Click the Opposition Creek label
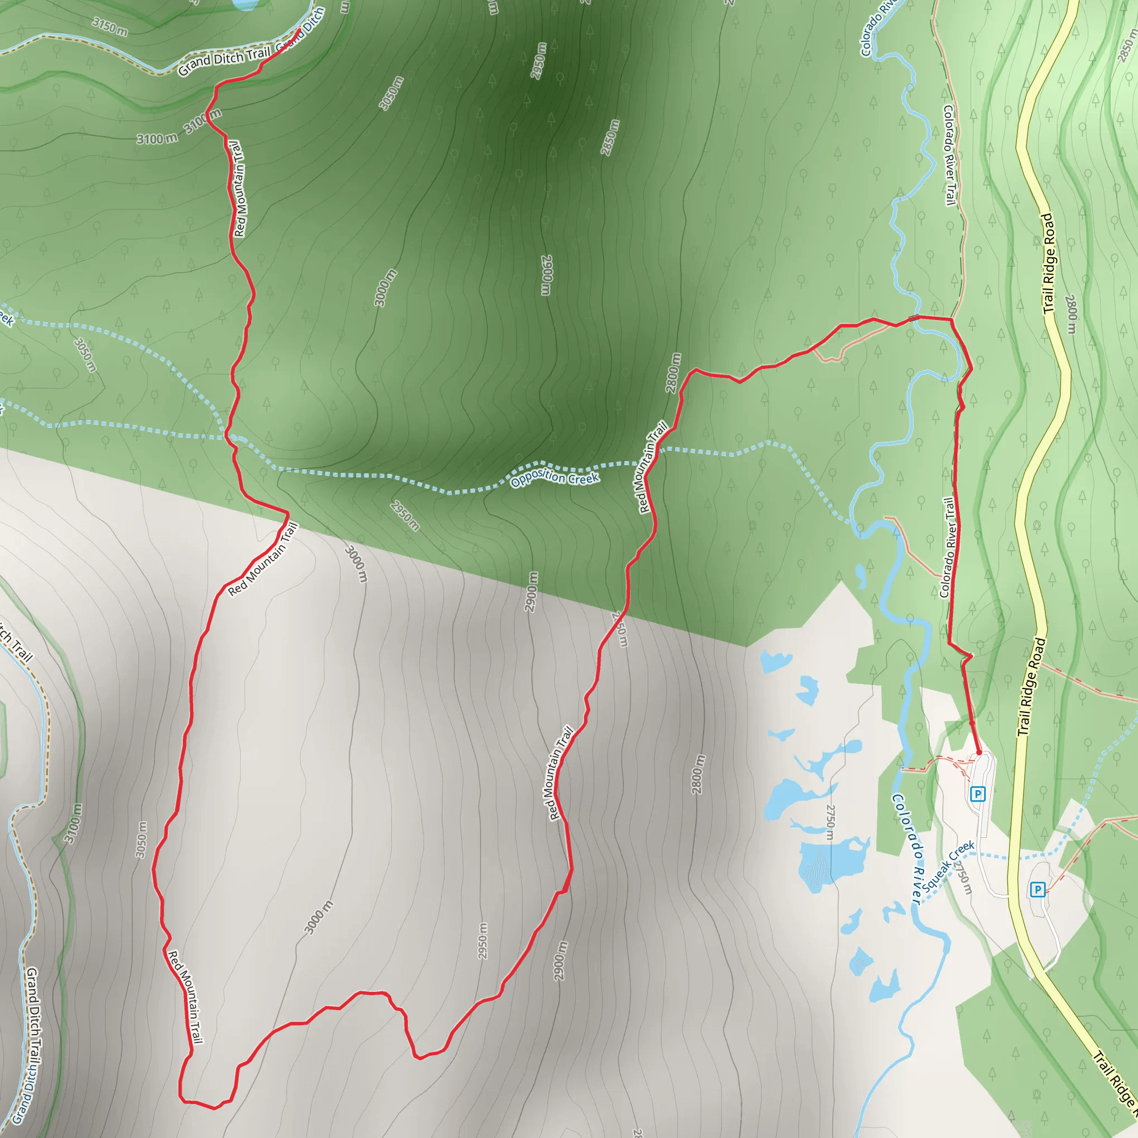555,477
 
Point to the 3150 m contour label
109,27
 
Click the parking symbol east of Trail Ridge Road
1037,889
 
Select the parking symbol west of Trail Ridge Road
978,794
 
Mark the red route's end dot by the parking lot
979,753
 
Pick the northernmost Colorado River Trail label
949,155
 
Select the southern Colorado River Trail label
947,548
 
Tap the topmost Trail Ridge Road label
1049,263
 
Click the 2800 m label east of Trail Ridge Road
1071,313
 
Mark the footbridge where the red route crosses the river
914,318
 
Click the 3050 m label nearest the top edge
391,93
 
